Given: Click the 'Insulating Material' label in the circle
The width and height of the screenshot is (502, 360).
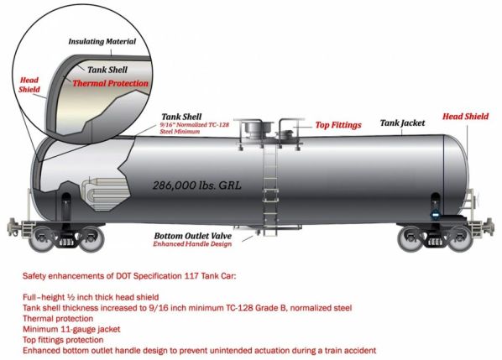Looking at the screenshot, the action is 102,42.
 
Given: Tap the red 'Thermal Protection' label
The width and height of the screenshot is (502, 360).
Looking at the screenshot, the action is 111,84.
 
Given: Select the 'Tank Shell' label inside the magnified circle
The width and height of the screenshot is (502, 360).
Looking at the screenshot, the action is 107,70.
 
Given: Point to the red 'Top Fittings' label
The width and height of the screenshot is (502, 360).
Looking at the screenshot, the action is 338,125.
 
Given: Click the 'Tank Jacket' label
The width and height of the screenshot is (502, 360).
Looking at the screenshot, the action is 402,123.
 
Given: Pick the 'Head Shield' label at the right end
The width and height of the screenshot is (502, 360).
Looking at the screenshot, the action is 466,117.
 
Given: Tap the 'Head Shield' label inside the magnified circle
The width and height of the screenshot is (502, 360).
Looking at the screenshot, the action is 29,85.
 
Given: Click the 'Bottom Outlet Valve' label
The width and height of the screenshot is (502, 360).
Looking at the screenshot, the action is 193,236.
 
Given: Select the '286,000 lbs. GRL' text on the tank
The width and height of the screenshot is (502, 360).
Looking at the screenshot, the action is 196,185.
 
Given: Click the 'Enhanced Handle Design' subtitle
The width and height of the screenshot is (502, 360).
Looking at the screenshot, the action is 192,244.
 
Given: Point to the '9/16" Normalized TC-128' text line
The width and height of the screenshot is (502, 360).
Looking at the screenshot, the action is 194,125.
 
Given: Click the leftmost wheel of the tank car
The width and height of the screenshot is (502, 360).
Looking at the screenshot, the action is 40,238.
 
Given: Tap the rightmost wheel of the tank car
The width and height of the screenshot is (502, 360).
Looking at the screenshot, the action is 460,238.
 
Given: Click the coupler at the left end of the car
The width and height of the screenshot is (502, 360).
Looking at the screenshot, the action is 13,226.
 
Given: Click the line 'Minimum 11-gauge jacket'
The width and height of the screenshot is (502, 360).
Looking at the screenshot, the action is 71,329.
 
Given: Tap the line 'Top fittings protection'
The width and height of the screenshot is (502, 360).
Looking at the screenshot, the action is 63,340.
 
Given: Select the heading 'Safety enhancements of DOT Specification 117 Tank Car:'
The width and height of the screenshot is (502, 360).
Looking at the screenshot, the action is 128,276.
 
